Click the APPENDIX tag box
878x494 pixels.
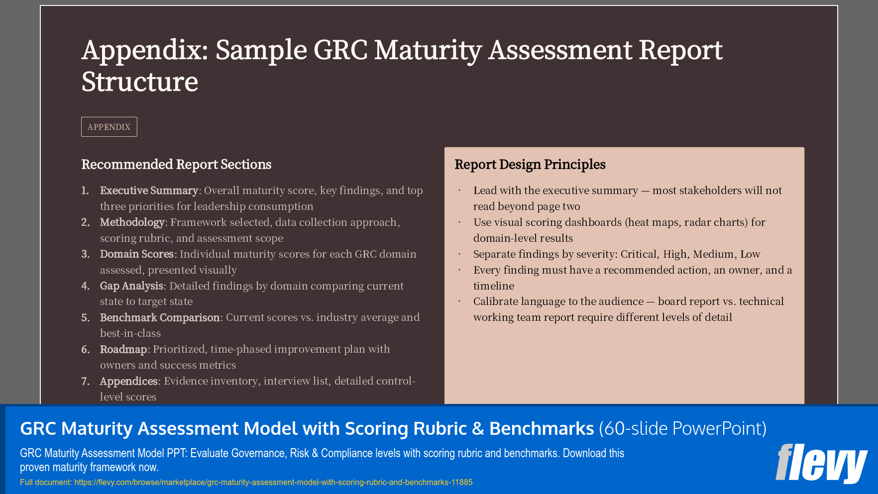tap(109, 127)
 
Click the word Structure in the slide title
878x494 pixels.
tap(140, 82)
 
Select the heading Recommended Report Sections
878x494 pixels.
tap(176, 165)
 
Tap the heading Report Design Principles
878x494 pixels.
tap(530, 165)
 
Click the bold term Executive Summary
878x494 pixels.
tap(149, 191)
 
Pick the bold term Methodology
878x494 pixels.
tap(132, 222)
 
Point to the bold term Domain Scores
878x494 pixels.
tap(136, 254)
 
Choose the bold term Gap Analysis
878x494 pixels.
tap(131, 286)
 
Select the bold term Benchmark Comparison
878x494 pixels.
tap(160, 317)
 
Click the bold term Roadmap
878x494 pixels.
tap(123, 349)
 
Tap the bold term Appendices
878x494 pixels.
tap(128, 381)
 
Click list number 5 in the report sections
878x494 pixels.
tap(86, 318)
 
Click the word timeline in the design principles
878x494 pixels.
tap(493, 286)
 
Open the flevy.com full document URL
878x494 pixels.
tap(273, 482)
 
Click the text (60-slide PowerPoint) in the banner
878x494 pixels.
tap(682, 428)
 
